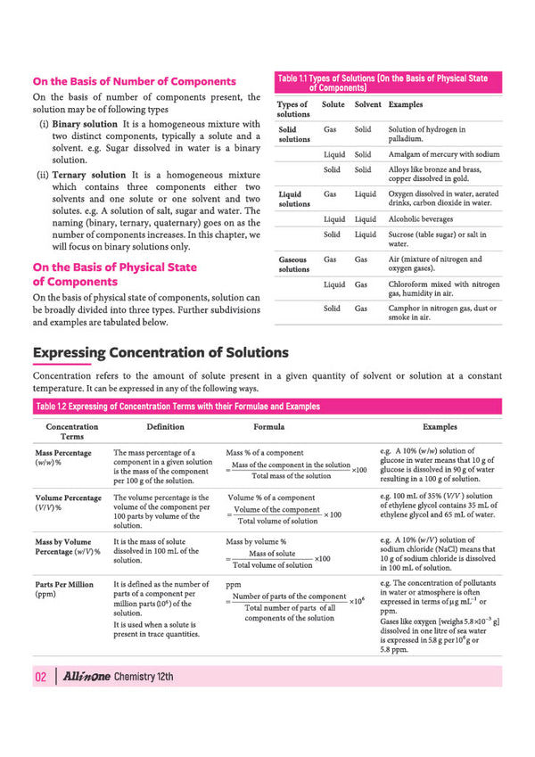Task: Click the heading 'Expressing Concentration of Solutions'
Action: point(160,352)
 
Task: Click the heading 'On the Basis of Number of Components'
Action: point(135,82)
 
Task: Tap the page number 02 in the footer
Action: point(40,677)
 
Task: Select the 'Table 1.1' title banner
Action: point(383,83)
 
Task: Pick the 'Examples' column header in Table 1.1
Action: point(407,104)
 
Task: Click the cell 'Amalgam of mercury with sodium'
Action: point(444,154)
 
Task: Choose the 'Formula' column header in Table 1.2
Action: point(269,427)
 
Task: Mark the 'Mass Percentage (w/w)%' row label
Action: point(62,458)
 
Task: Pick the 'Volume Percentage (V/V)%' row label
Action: point(67,502)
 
